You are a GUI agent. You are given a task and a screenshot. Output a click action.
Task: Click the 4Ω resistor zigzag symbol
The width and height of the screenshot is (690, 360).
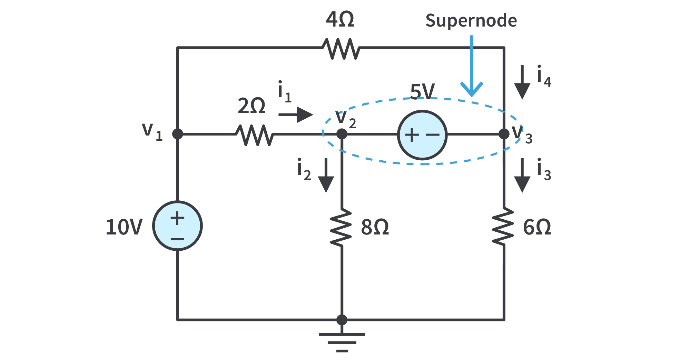341,48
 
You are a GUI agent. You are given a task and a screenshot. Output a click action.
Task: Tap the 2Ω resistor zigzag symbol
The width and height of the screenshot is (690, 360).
255,135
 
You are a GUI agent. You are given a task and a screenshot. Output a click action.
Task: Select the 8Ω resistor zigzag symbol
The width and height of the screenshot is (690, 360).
342,227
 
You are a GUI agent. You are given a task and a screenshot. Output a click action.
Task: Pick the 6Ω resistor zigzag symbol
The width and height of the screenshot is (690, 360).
504,226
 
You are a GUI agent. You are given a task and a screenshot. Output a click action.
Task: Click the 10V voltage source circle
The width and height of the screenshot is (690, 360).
177,226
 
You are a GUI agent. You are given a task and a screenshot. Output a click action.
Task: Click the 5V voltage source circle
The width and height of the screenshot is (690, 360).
422,135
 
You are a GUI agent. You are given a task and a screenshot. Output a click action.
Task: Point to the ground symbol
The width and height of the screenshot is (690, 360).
342,342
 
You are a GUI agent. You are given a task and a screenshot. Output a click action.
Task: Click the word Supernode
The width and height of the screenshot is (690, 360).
471,20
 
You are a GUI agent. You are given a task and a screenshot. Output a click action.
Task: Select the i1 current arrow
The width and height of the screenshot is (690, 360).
296,114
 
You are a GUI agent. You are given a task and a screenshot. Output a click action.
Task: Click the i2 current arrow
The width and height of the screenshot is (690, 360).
326,175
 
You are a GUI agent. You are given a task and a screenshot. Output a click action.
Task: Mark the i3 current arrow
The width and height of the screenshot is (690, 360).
522,175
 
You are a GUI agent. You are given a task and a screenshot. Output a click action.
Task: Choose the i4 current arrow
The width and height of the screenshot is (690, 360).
522,82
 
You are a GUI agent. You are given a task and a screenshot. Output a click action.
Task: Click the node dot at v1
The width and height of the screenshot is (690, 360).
177,134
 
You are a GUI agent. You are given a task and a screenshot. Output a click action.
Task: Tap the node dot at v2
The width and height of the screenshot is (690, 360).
342,134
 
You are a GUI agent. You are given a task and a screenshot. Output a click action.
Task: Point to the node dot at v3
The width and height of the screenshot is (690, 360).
504,134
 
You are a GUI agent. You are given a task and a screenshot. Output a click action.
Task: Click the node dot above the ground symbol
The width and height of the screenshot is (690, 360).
342,320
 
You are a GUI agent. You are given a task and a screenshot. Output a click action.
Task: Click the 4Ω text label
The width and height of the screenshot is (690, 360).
340,19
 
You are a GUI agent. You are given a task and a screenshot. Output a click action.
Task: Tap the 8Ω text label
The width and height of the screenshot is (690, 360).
375,227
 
